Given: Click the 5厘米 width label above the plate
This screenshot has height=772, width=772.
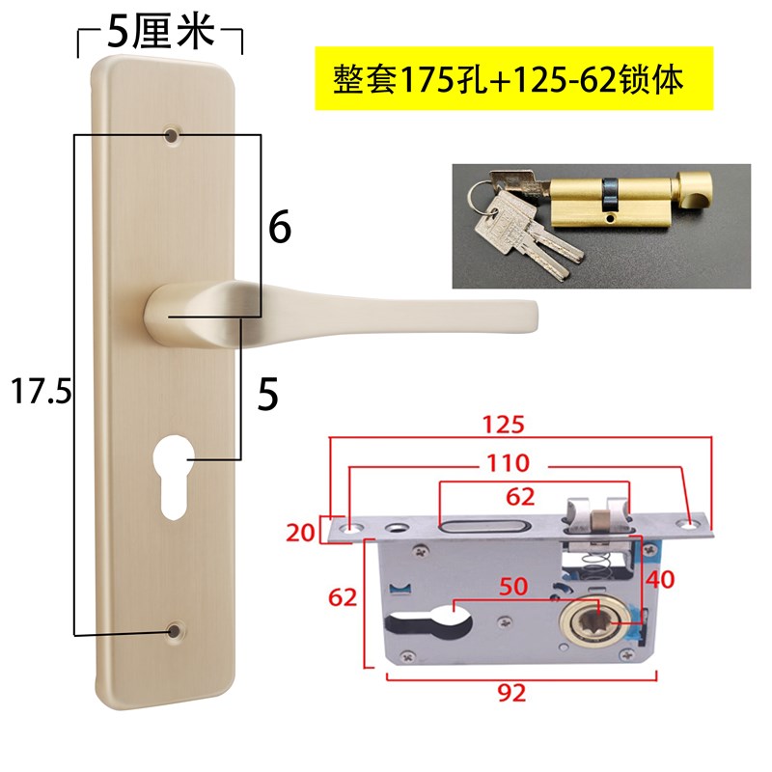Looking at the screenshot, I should click(x=157, y=35).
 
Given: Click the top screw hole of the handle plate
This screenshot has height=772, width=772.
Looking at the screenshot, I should click(x=173, y=136).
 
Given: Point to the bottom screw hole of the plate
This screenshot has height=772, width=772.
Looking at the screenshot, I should click(x=174, y=631).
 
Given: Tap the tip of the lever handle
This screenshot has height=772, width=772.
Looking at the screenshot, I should click(x=526, y=314).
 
